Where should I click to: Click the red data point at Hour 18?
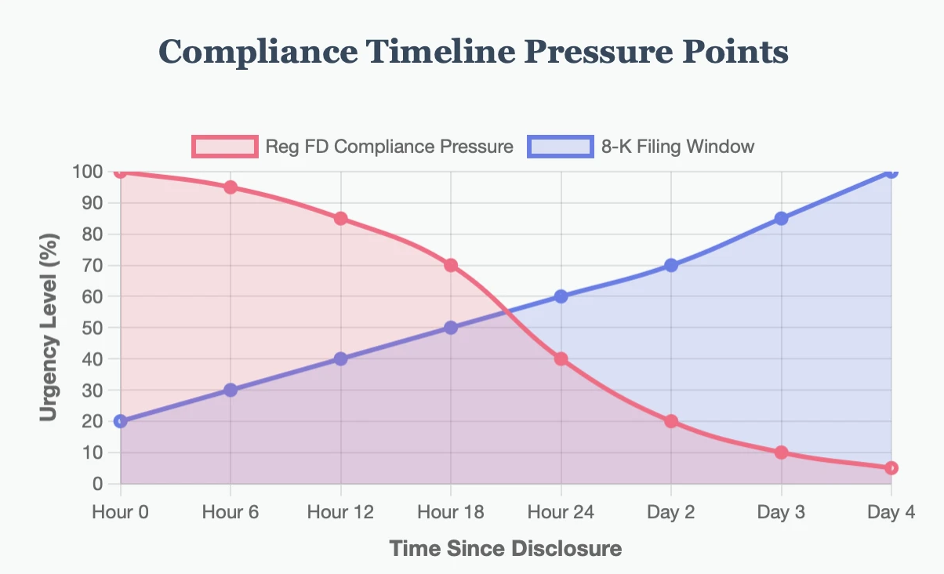point(451,265)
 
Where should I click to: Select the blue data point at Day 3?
point(781,218)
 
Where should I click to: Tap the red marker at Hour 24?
point(561,358)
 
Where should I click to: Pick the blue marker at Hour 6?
point(231,390)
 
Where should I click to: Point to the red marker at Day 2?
point(671,421)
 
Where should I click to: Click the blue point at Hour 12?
point(340,358)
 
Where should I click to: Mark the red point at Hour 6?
point(231,187)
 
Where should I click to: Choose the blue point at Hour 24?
point(561,296)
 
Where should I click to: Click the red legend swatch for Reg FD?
point(224,146)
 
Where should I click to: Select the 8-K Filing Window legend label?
point(678,146)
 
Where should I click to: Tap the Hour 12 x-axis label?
point(340,512)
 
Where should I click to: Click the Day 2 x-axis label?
point(671,512)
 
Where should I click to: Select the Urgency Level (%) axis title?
point(51,328)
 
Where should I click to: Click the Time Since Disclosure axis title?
point(506,548)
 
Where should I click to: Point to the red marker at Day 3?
point(781,452)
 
